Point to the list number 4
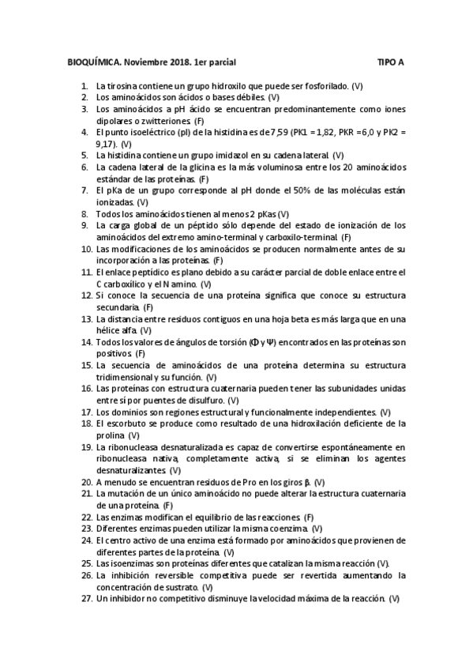[84, 132]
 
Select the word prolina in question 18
[109, 435]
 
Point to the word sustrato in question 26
[180, 587]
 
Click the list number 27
[86, 599]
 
